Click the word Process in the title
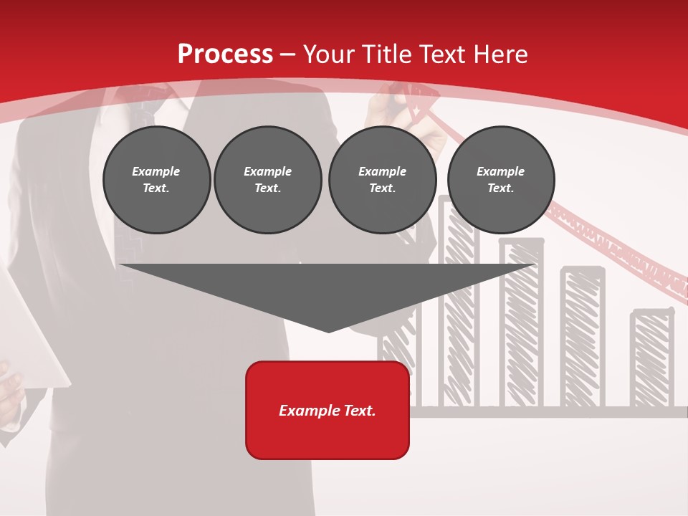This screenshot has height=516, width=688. point(225,54)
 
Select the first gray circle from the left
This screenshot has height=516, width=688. point(156,180)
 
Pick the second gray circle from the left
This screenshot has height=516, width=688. point(267,180)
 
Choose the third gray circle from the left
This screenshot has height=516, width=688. point(382,180)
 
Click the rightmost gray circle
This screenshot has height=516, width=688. point(500,180)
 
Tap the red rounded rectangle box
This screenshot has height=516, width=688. point(328,410)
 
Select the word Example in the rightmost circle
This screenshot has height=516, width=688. point(500,171)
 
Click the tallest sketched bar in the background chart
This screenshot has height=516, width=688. point(459,315)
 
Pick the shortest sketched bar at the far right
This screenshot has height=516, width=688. point(651,358)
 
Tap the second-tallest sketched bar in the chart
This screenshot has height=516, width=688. point(522,322)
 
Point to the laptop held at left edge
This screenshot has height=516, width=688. point(32,330)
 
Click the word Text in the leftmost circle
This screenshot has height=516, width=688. point(156,188)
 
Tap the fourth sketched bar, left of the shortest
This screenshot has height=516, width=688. point(583,337)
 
